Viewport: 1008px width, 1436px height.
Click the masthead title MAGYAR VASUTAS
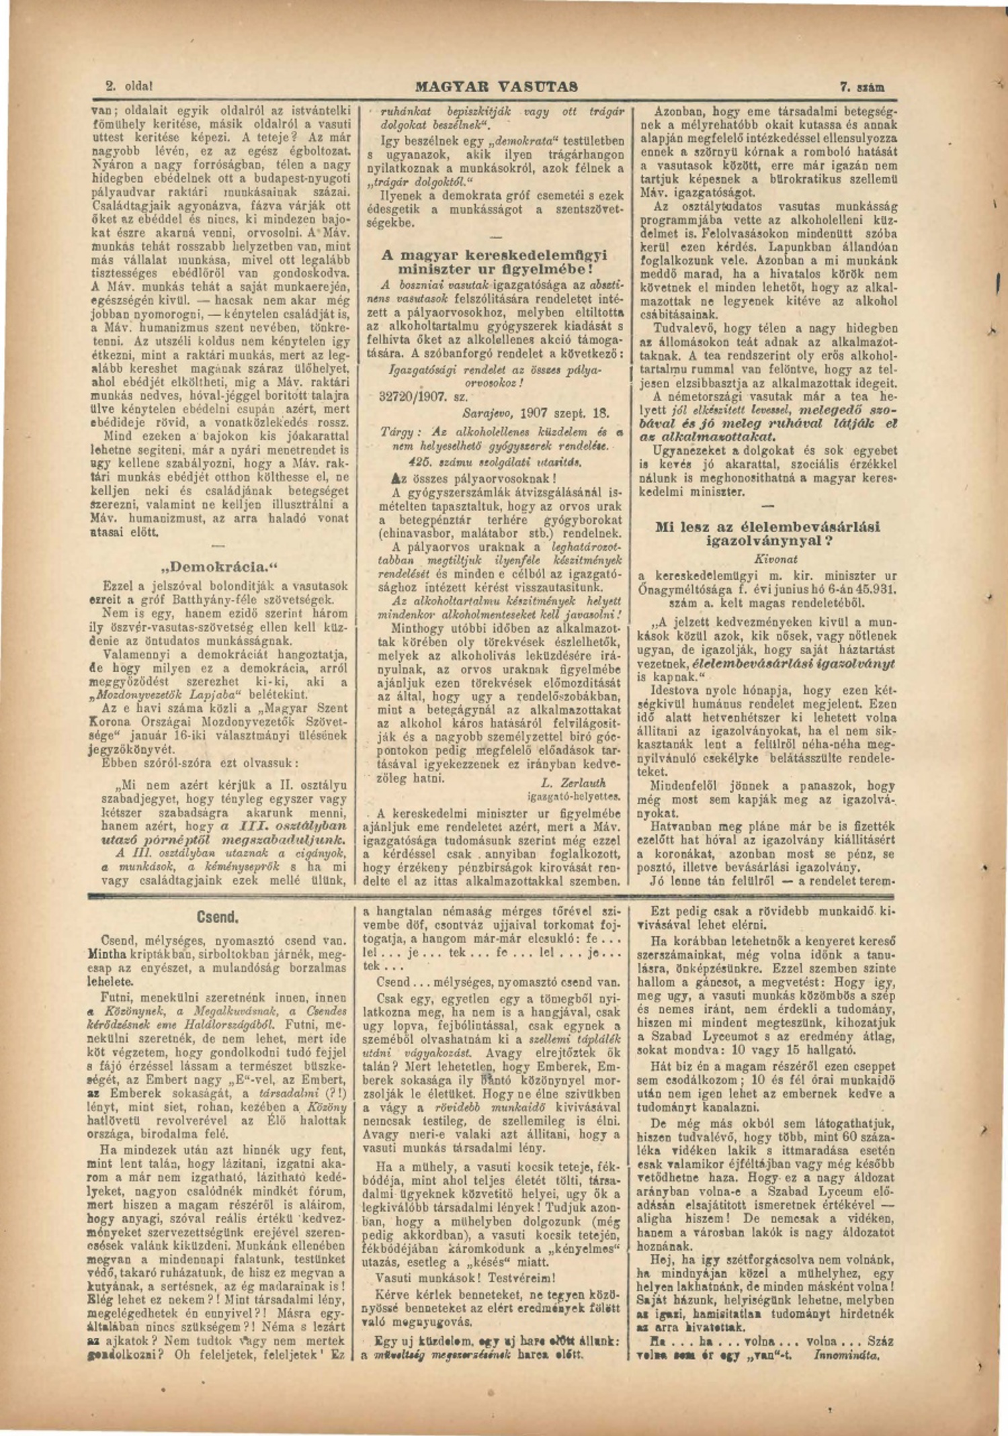pyautogui.click(x=497, y=87)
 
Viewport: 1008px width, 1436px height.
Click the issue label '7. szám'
pyautogui.click(x=862, y=87)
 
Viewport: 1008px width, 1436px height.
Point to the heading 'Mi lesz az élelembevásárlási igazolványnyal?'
pyautogui.click(x=767, y=533)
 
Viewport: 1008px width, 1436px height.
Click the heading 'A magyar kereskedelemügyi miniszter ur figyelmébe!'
pyautogui.click(x=493, y=261)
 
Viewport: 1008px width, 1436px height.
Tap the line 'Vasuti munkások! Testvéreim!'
pyautogui.click(x=466, y=1278)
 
